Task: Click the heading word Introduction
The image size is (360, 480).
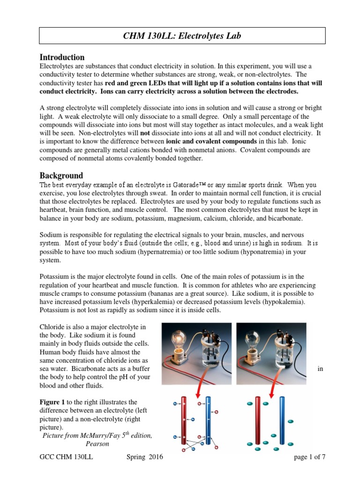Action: click(x=62, y=58)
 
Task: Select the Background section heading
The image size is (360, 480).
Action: click(x=61, y=175)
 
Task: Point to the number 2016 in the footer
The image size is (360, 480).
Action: click(x=155, y=457)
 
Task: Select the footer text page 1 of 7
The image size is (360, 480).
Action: click(x=309, y=457)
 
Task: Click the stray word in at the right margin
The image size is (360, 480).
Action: click(x=320, y=369)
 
